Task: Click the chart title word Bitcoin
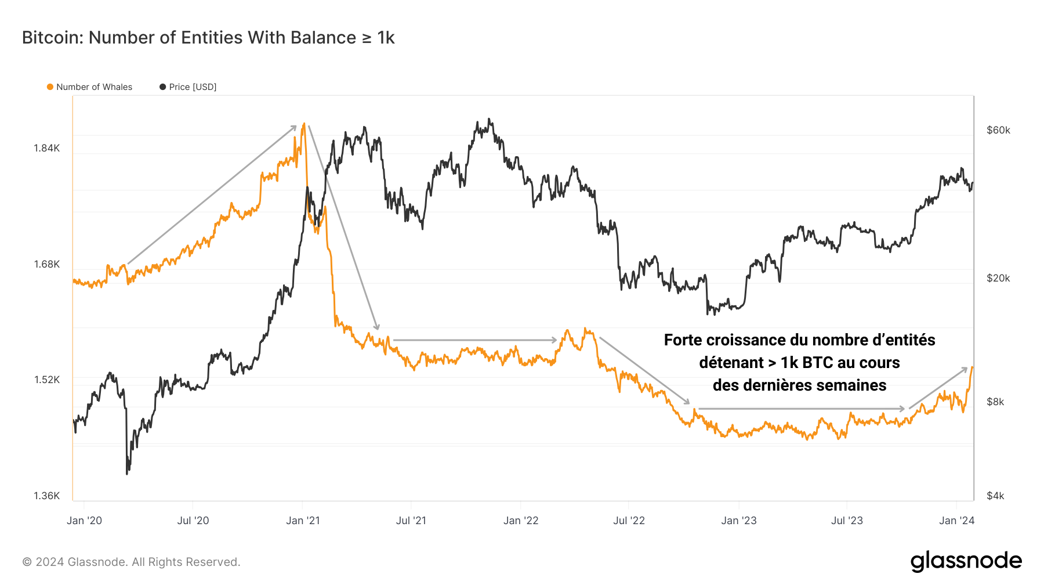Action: point(52,38)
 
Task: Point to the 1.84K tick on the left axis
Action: point(47,148)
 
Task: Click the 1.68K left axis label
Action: point(47,264)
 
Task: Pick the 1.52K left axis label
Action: point(47,380)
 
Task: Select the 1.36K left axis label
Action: point(47,496)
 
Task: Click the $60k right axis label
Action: point(998,130)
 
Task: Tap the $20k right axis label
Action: point(998,278)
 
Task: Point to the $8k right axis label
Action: point(995,402)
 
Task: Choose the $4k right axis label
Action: point(995,496)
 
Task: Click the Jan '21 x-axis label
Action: point(303,521)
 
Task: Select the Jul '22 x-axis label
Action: point(629,521)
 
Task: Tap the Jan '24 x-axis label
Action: point(956,521)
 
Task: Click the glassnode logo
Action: point(966,561)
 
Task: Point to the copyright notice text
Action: point(131,562)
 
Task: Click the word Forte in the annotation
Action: point(683,340)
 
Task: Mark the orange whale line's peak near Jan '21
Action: point(303,124)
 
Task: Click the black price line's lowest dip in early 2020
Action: point(127,473)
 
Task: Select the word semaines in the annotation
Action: point(852,385)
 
